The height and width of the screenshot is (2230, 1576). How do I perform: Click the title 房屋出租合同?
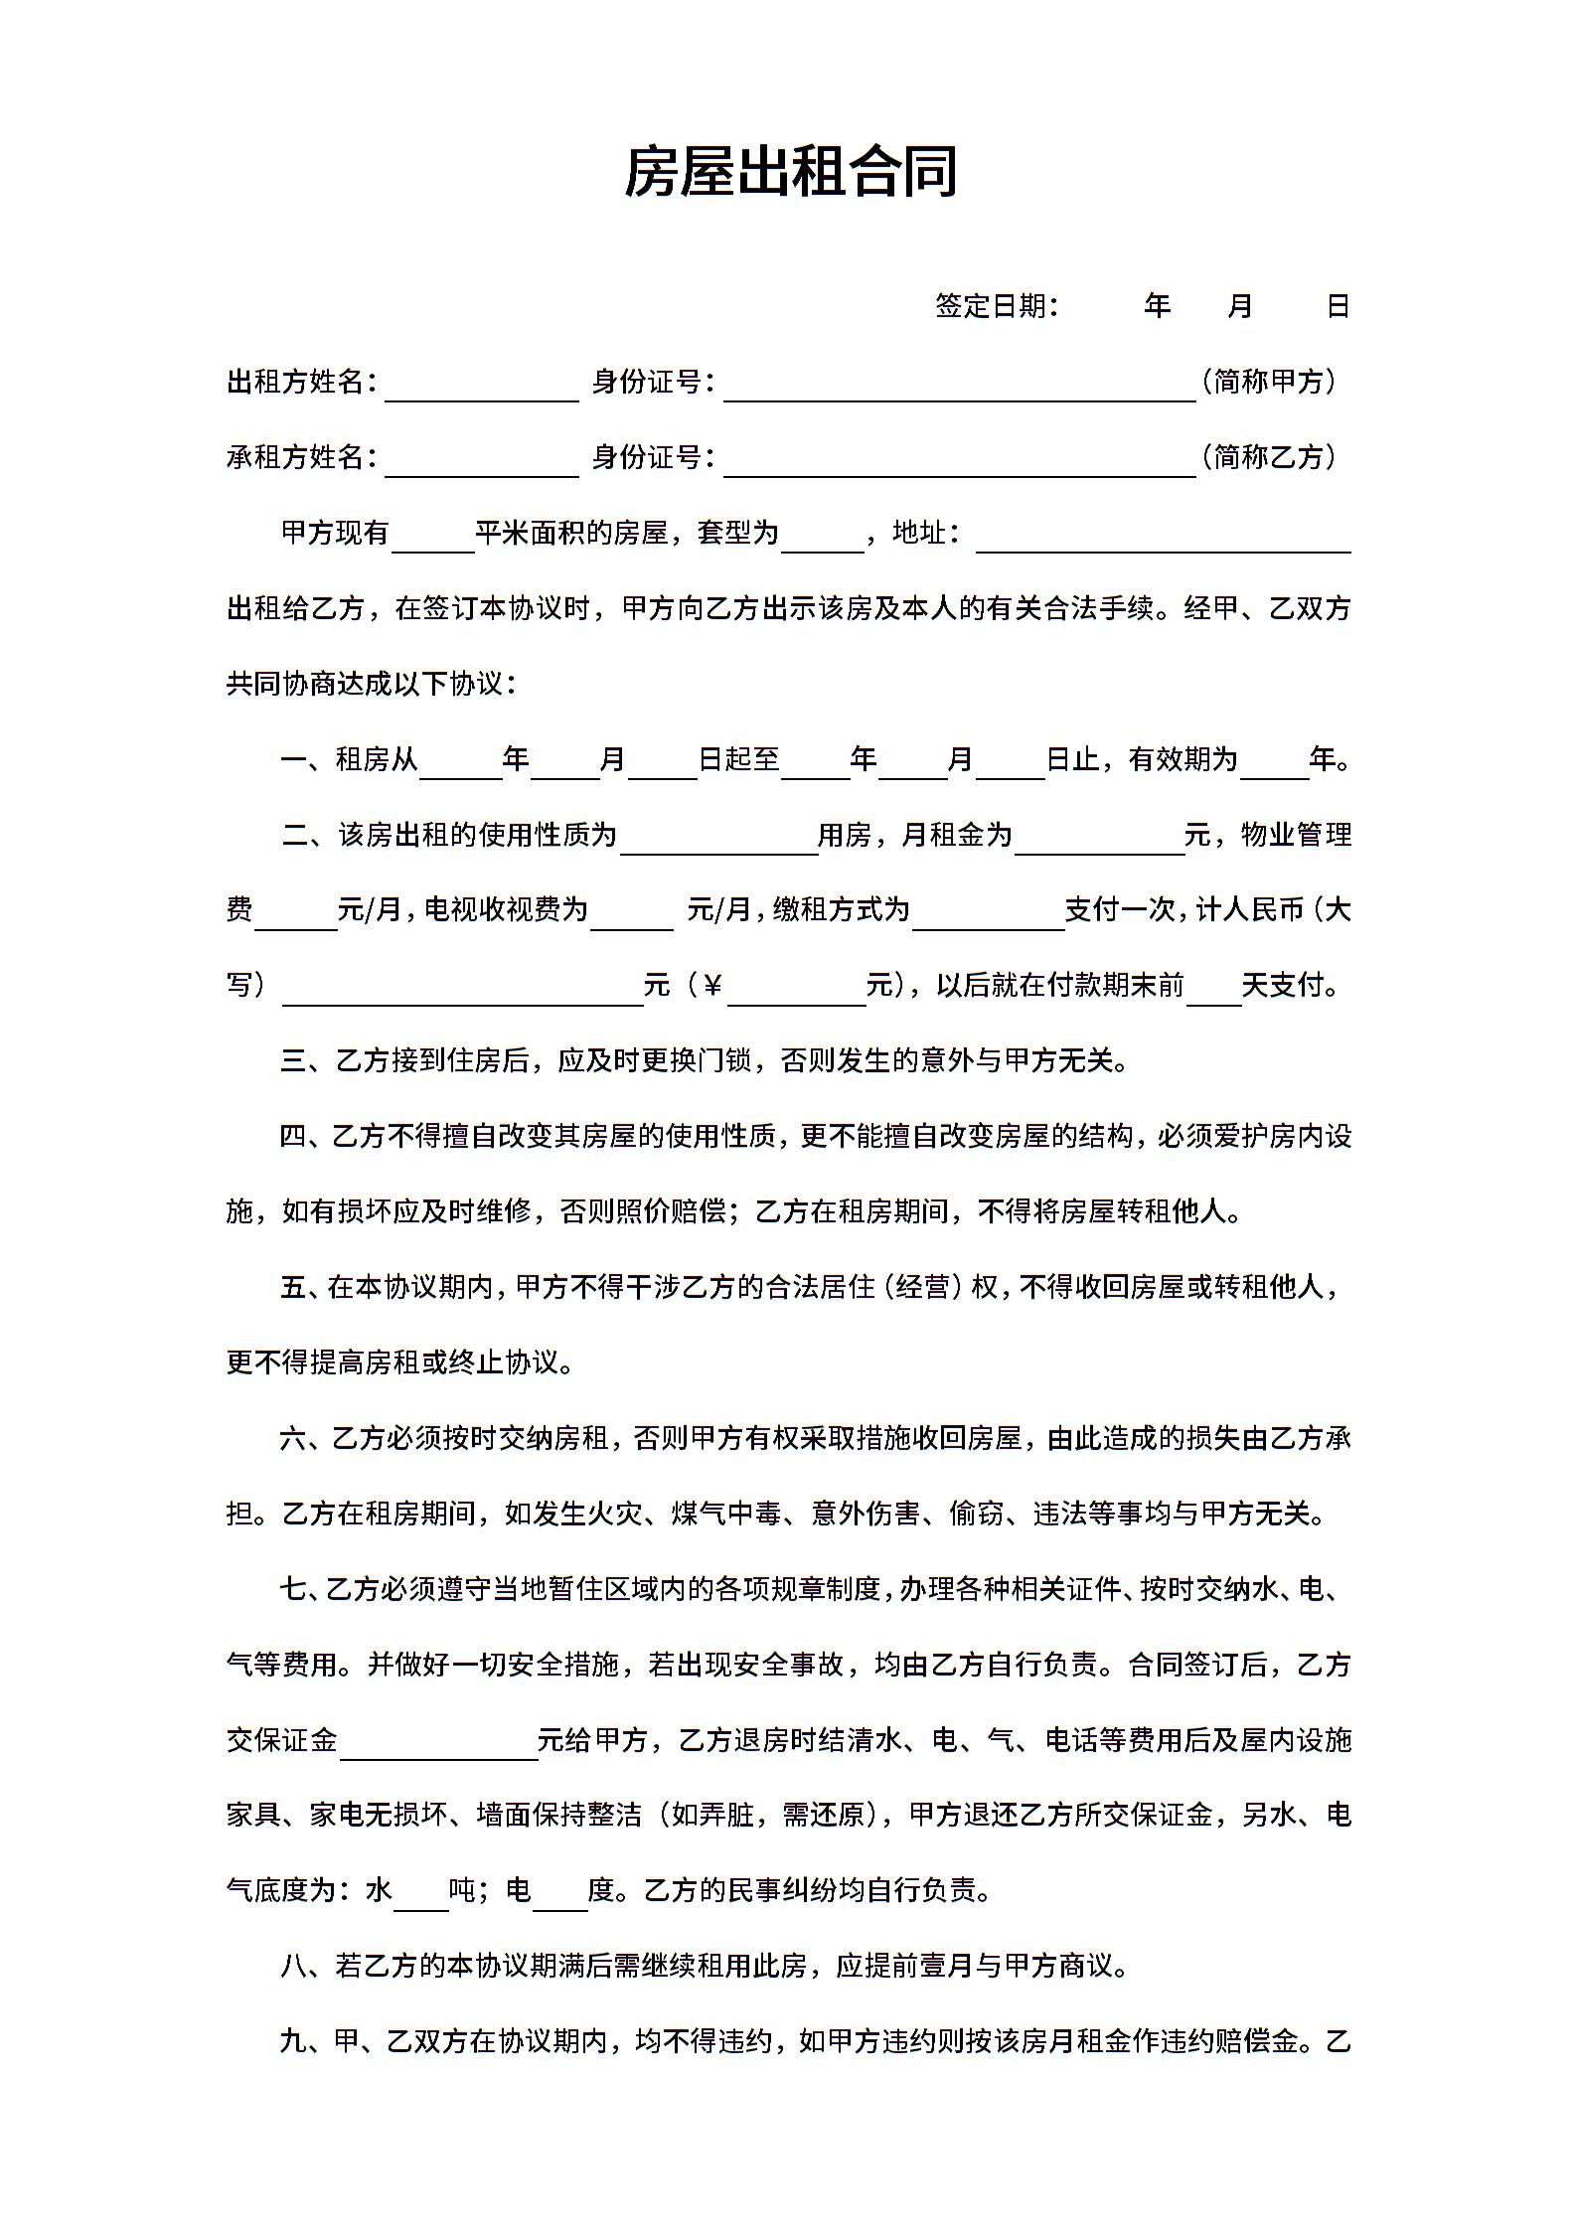[x=790, y=171]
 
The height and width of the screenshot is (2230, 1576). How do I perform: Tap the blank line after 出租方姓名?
[x=481, y=388]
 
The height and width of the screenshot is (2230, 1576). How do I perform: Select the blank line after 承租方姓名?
[x=481, y=463]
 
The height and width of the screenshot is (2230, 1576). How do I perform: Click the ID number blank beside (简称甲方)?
[x=959, y=388]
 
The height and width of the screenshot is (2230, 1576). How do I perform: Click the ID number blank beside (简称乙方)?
[x=959, y=463]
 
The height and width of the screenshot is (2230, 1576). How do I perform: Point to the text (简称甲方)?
[x=1269, y=381]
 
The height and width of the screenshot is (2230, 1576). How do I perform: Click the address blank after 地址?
[x=1163, y=539]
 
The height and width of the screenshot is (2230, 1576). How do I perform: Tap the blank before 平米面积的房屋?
[x=433, y=539]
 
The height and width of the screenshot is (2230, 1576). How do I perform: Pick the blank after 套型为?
[x=822, y=539]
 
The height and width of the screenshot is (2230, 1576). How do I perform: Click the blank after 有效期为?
[x=1274, y=766]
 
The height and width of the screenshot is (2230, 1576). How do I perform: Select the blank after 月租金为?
[x=1098, y=841]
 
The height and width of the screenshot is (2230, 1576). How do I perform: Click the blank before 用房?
[x=717, y=841]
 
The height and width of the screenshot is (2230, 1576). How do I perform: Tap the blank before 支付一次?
[x=988, y=916]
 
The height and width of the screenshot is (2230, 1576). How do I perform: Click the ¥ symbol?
[x=711, y=986]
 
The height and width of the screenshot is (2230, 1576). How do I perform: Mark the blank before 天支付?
[x=1213, y=992]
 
